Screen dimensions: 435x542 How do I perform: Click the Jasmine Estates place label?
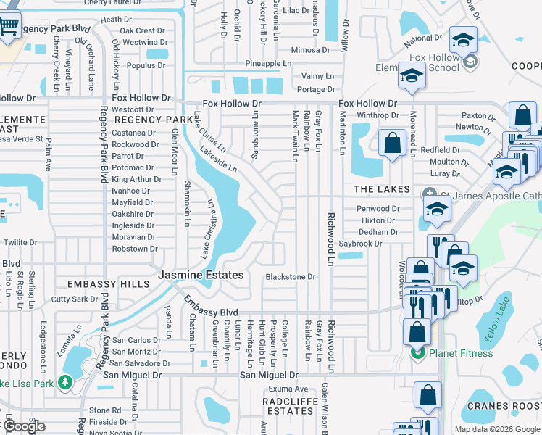(x=201, y=275)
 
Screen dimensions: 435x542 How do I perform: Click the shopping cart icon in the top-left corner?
(x=8, y=26)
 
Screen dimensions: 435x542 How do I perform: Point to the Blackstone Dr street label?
(x=291, y=277)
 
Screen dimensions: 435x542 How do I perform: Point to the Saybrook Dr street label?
(x=380, y=244)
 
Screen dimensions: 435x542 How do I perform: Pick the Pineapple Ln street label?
(x=267, y=64)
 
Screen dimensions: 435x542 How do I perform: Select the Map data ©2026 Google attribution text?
(x=496, y=429)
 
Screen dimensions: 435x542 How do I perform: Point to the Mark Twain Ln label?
(x=295, y=136)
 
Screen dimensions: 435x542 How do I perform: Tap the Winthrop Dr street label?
(x=378, y=115)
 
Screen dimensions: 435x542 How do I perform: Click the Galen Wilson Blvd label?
(x=325, y=410)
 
